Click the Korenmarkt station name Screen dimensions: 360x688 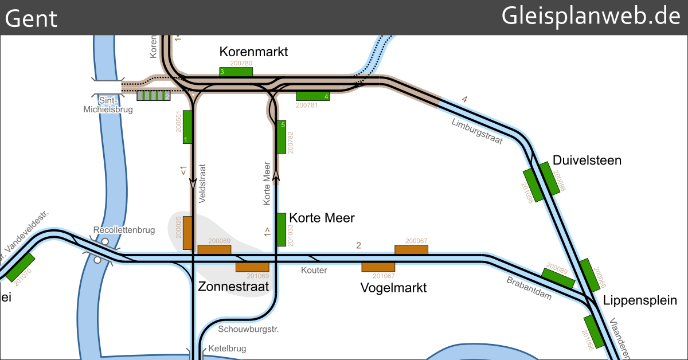253,52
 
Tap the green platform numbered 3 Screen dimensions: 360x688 236,72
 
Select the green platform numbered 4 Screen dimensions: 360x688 313,96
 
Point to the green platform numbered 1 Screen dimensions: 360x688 187,127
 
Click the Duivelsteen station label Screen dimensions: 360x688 587,160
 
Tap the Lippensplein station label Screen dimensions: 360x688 640,300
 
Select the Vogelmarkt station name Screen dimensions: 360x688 393,287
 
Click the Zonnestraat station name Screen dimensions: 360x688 233,287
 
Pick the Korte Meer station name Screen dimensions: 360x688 322,218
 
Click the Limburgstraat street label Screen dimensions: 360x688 477,131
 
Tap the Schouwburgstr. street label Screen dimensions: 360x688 248,330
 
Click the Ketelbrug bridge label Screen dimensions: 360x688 227,348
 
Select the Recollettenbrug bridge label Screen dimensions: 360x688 124,230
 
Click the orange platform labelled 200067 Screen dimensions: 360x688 411,249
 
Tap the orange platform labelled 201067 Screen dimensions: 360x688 378,267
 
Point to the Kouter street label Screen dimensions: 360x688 314,270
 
